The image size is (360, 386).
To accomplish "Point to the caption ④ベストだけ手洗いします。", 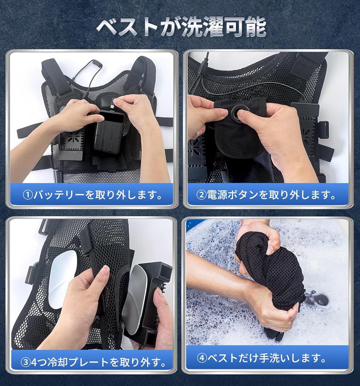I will [267, 358].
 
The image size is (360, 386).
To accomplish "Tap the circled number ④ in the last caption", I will [202, 358].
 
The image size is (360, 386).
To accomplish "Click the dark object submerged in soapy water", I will [316, 299].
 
